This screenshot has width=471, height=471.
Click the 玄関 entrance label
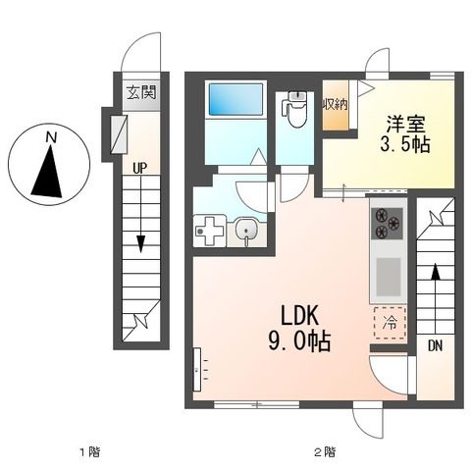[141, 93]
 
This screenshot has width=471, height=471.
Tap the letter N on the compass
[51, 137]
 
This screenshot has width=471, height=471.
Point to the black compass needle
[48, 172]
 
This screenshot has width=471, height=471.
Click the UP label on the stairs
[140, 169]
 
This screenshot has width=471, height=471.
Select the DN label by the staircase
[435, 345]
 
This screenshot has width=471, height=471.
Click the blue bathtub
[235, 99]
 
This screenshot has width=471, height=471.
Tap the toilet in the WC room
[295, 110]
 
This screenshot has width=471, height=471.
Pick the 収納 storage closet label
[335, 105]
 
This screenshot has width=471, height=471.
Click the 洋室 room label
[406, 124]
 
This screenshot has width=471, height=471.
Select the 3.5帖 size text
[405, 144]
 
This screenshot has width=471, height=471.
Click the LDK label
[299, 315]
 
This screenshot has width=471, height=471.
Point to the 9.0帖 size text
[299, 341]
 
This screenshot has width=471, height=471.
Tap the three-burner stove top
[388, 224]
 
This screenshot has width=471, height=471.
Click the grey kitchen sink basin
[389, 277]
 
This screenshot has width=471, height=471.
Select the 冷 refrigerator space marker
[391, 323]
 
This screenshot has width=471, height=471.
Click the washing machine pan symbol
[210, 231]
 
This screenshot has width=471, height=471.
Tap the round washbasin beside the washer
[246, 229]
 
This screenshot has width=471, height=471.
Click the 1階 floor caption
[90, 452]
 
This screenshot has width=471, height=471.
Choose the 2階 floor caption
[325, 452]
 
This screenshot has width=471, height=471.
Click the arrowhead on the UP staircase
[140, 243]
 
